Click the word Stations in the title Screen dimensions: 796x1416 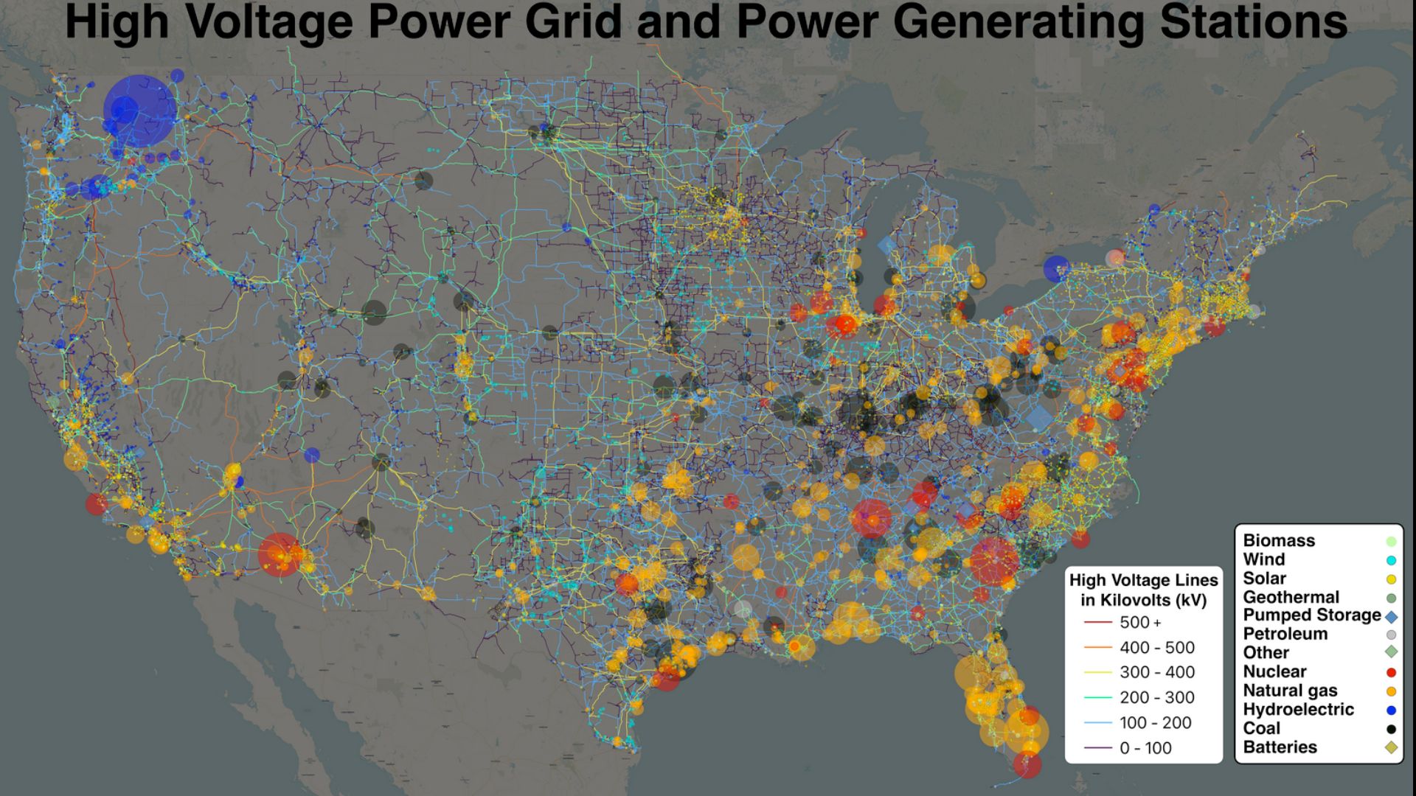click(x=1253, y=22)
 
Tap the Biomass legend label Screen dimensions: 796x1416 click(x=1279, y=540)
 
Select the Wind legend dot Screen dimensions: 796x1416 click(x=1391, y=560)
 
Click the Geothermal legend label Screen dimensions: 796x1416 click(x=1291, y=597)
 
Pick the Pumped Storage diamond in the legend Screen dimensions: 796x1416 click(x=1391, y=617)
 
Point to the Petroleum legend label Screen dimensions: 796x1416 click(x=1285, y=634)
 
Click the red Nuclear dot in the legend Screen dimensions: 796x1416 click(x=1391, y=672)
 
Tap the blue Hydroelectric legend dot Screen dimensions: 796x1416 click(x=1391, y=711)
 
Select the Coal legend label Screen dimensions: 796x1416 click(x=1261, y=728)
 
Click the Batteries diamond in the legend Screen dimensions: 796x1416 click(x=1391, y=747)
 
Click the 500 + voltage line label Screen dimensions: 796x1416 click(x=1140, y=623)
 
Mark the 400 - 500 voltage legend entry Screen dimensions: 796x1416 click(x=1156, y=648)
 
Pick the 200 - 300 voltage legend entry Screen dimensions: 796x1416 click(x=1156, y=697)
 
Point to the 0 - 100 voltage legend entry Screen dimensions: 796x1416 click(x=1145, y=748)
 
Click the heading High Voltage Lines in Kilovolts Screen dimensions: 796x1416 click(x=1143, y=590)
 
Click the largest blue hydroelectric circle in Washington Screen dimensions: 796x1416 click(x=139, y=111)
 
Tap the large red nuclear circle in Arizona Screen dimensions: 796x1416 click(x=280, y=554)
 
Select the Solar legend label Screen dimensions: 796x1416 click(x=1264, y=579)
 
